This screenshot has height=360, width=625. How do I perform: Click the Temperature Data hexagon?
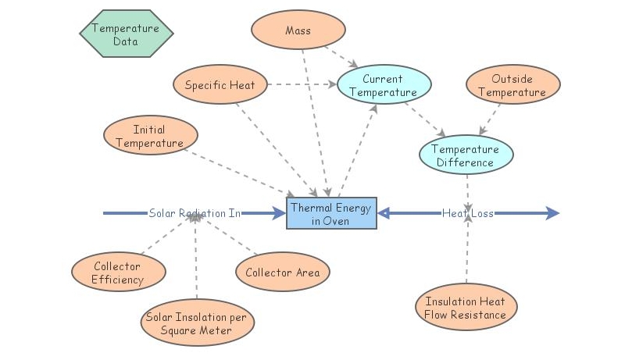click(x=126, y=34)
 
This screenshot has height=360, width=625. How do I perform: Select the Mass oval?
click(x=298, y=31)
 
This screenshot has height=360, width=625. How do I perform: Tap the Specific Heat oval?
click(x=220, y=84)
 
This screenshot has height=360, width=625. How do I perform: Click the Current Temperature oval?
click(x=383, y=86)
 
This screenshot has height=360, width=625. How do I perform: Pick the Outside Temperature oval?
click(x=512, y=86)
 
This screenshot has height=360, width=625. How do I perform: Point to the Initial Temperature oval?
click(x=148, y=136)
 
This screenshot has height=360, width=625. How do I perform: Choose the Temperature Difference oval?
click(x=466, y=155)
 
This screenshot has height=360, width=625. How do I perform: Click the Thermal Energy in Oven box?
click(x=332, y=213)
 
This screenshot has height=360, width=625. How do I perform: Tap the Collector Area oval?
click(x=283, y=273)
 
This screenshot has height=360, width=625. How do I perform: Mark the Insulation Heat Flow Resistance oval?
click(x=465, y=308)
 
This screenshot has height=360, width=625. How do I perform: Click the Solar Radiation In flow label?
click(x=195, y=213)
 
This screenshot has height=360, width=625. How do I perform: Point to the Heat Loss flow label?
click(x=467, y=213)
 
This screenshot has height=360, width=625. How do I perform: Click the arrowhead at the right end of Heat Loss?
click(x=553, y=213)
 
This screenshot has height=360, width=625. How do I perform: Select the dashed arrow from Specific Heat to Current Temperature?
click(x=302, y=84)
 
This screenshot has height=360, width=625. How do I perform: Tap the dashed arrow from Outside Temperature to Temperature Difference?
click(x=491, y=119)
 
